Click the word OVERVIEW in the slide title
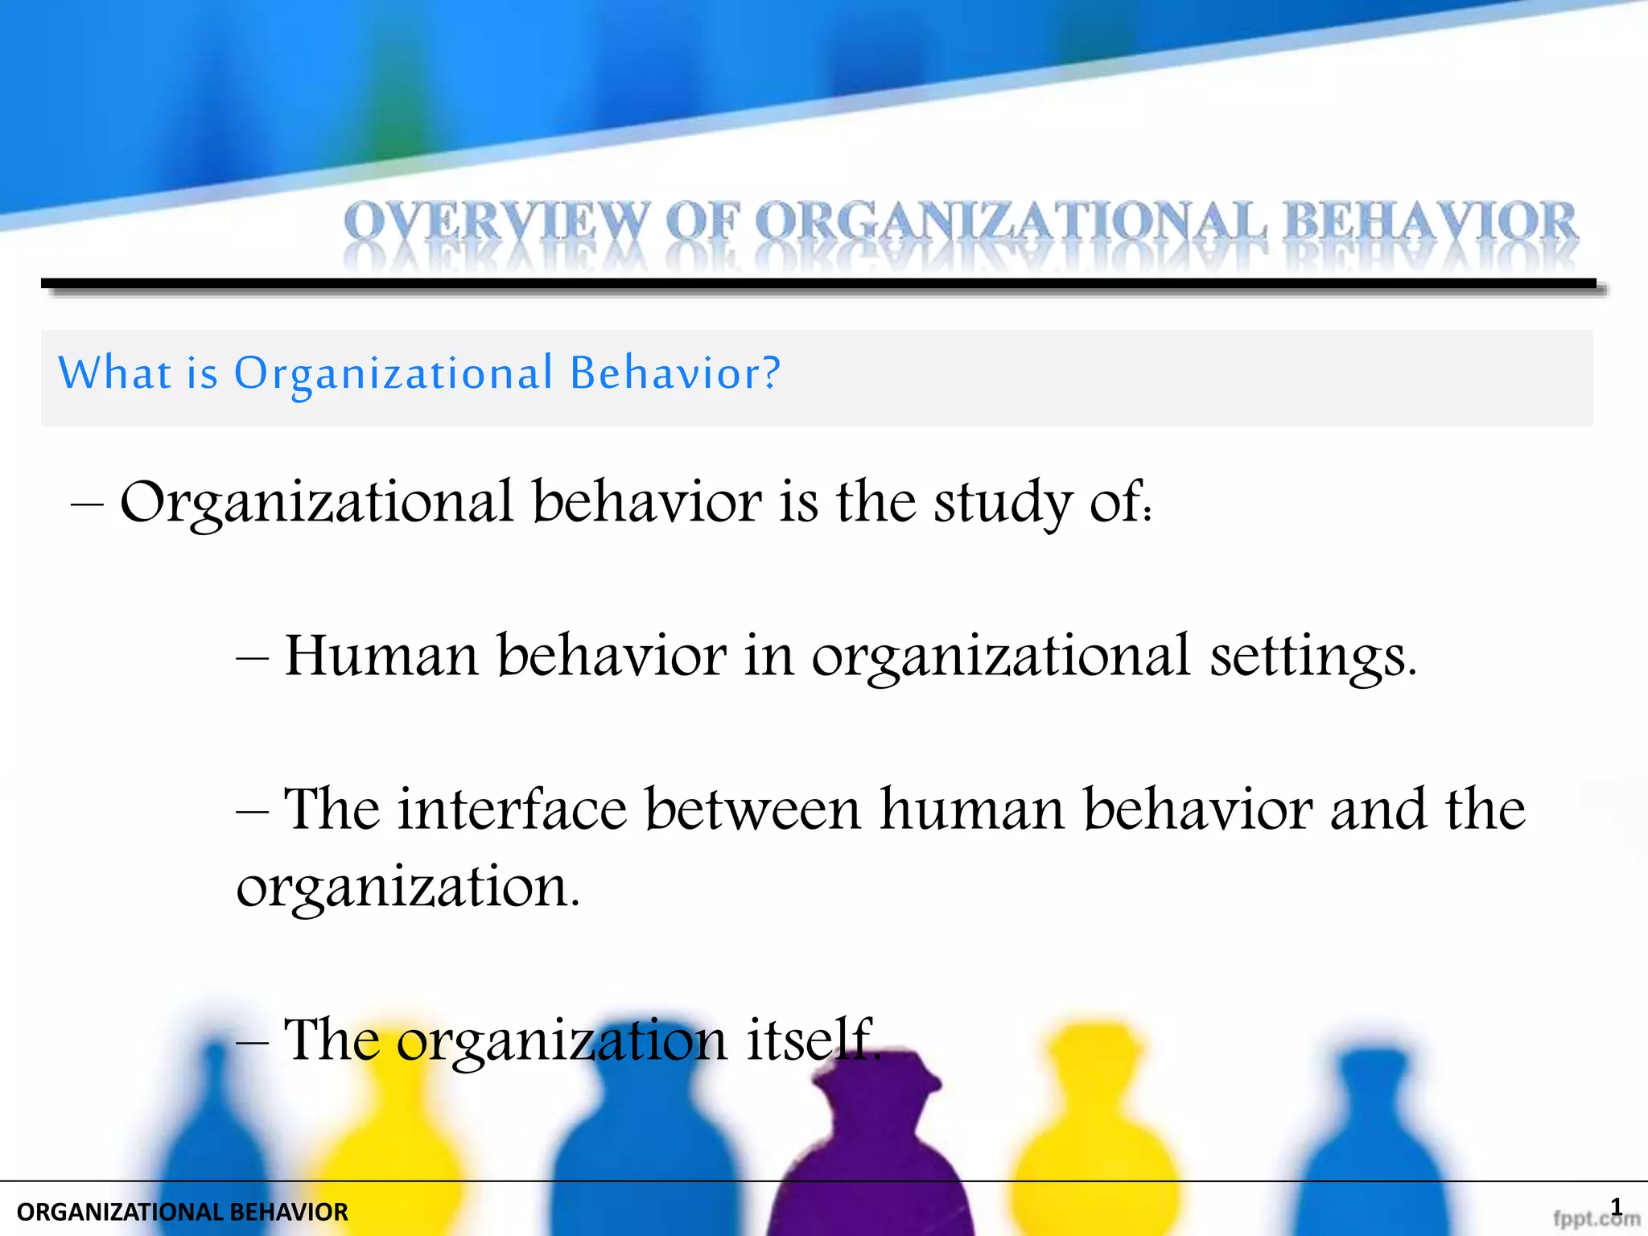click(x=496, y=222)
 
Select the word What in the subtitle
click(x=114, y=373)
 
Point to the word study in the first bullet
click(x=1003, y=503)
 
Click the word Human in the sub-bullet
click(x=382, y=656)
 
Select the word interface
click(x=512, y=809)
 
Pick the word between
click(x=752, y=809)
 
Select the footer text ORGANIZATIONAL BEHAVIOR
click(x=183, y=1212)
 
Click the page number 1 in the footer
click(x=1617, y=1206)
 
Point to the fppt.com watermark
click(x=1595, y=1219)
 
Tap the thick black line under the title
click(x=818, y=283)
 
